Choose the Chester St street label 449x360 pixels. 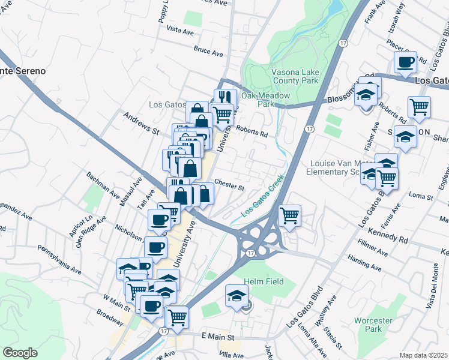(x=229, y=184)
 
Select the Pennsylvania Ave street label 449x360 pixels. (x=59, y=258)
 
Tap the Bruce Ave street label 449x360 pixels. (x=208, y=52)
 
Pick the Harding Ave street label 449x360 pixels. (x=365, y=263)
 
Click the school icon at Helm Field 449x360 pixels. (x=237, y=296)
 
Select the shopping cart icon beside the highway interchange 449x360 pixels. (x=289, y=214)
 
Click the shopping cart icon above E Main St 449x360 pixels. (x=177, y=317)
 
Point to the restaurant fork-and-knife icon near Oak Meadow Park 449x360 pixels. (x=225, y=97)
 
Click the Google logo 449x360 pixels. (x=20, y=353)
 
